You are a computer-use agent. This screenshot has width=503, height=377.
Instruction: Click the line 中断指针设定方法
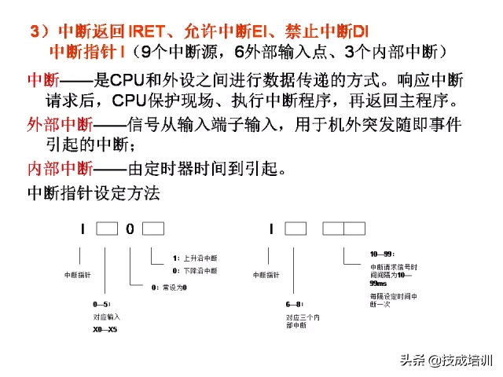point(94,192)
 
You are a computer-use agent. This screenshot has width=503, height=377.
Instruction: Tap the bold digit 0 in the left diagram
point(130,229)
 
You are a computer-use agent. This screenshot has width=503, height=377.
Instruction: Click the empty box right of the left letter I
point(107,229)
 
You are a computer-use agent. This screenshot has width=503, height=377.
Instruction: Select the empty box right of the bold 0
point(153,229)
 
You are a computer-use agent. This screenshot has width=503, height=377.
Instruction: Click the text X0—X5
point(105,329)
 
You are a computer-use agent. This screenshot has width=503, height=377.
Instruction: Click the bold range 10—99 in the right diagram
point(380,254)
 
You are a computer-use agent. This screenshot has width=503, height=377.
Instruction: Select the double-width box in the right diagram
point(344,229)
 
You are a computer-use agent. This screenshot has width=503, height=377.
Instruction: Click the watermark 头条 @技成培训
point(446,361)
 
